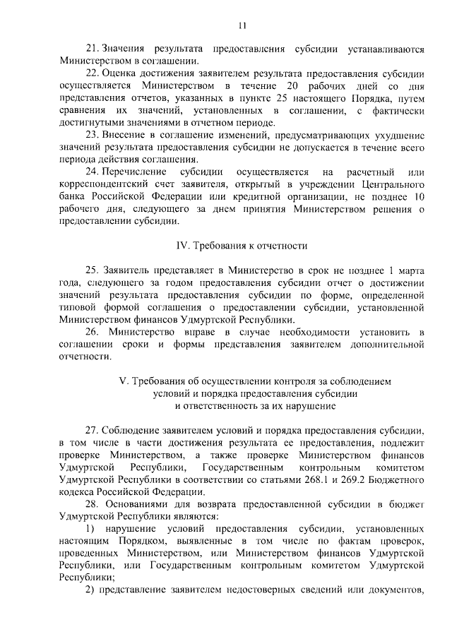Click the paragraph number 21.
click(x=90, y=50)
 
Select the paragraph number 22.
click(x=90, y=73)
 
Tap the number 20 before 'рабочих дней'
click(x=292, y=85)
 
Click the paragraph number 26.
click(x=90, y=331)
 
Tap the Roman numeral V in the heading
click(x=122, y=381)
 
